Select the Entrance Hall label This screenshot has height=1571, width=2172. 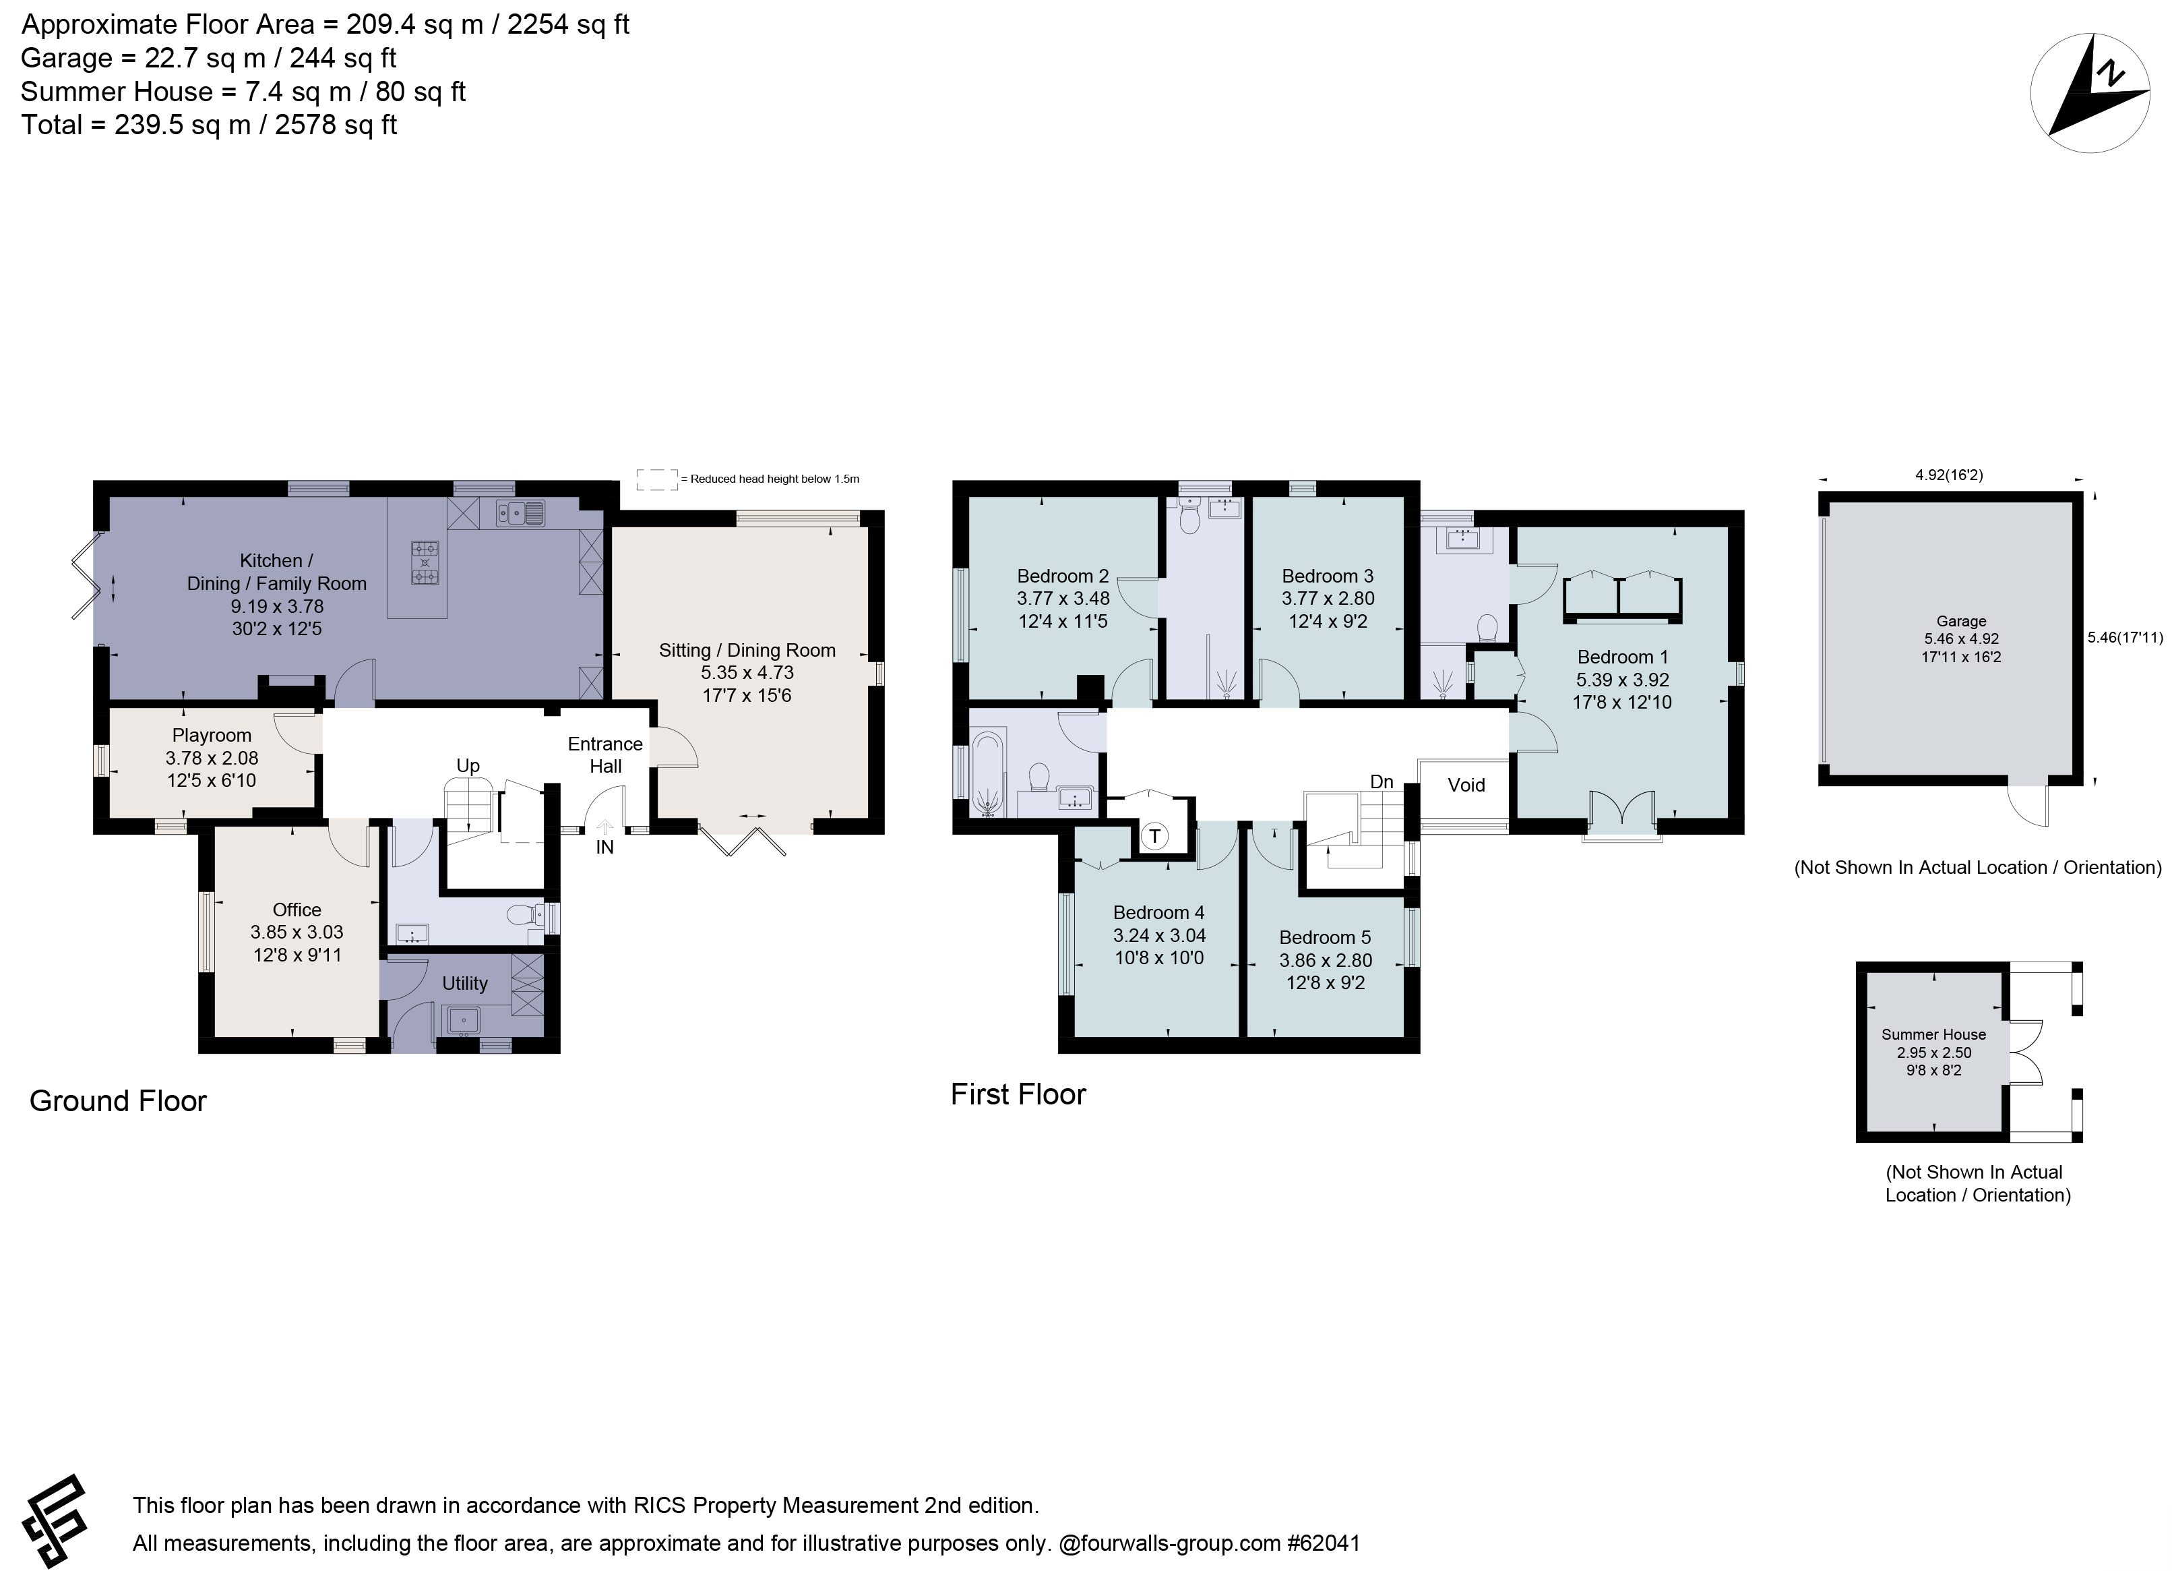tap(605, 755)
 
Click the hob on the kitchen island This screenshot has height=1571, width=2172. tap(425, 563)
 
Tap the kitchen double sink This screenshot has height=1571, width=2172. tap(520, 514)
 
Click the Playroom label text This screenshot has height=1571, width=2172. tap(212, 736)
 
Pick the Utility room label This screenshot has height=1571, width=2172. tap(464, 984)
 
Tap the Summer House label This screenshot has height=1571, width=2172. tap(1933, 1034)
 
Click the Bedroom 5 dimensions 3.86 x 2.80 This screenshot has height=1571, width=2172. tap(1326, 960)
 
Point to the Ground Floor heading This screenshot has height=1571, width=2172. tap(118, 1100)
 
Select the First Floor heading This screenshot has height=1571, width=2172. tap(1018, 1094)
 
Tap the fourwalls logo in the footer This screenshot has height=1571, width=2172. tap(55, 1521)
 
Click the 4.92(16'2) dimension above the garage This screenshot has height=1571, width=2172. tap(1949, 474)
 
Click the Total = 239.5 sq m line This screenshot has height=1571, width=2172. tap(209, 125)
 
